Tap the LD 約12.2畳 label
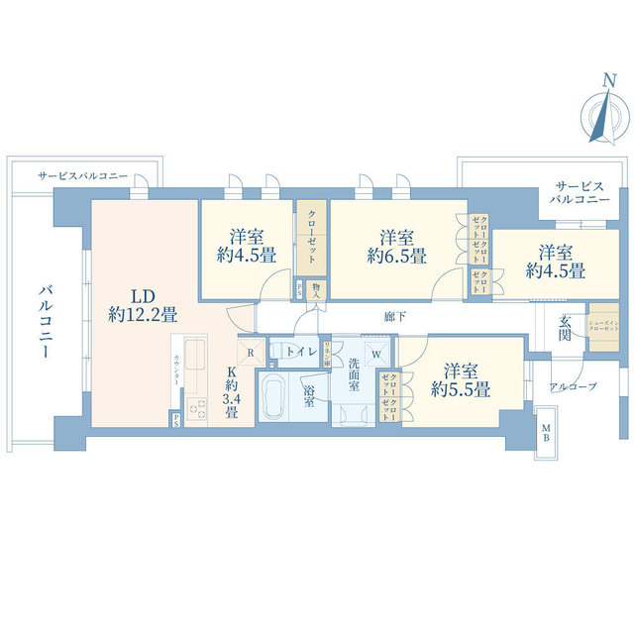click(143, 305)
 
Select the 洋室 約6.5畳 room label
click(396, 247)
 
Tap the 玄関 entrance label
click(565, 328)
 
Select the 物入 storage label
click(315, 288)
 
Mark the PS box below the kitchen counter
click(175, 420)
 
